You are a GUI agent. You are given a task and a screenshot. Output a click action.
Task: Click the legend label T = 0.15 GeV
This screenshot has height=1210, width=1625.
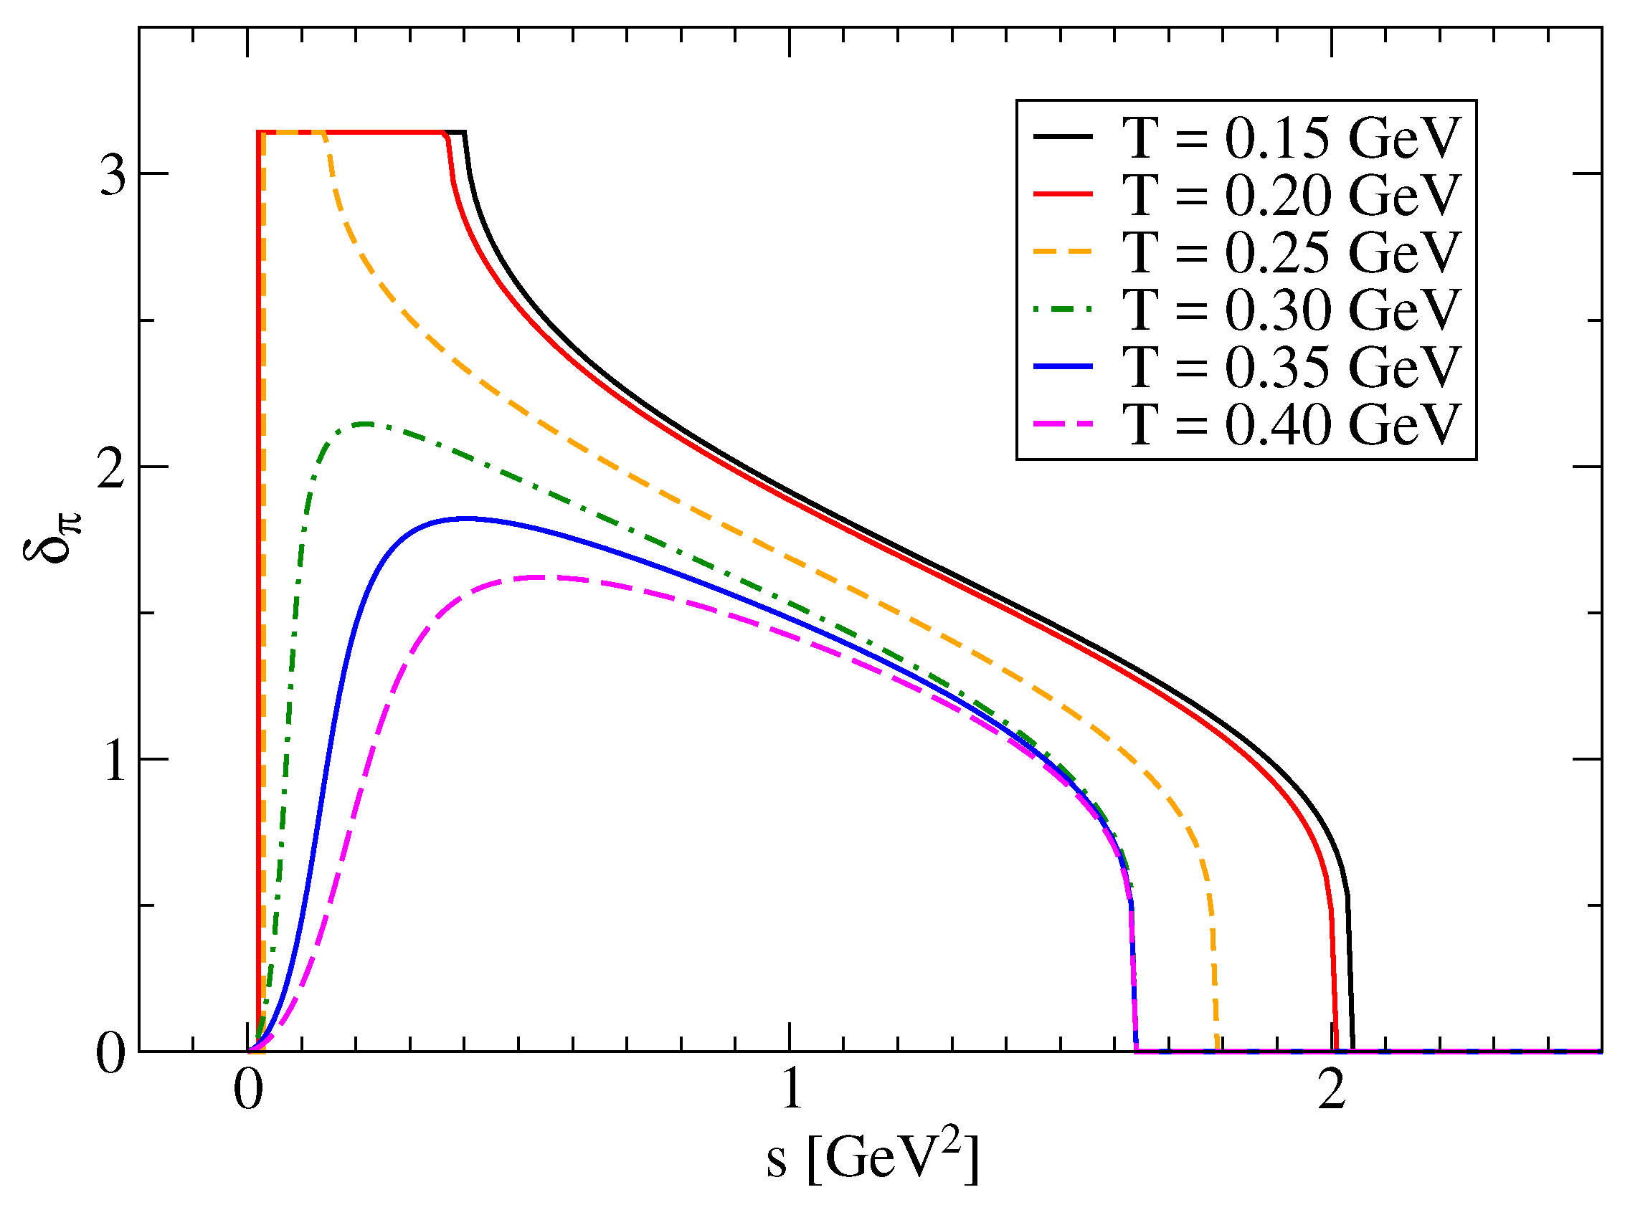pyautogui.click(x=1291, y=138)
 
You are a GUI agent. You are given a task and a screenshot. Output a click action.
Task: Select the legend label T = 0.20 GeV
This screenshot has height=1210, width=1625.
pyautogui.click(x=1291, y=195)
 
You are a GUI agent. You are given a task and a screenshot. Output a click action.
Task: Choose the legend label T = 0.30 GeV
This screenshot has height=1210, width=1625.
pyautogui.click(x=1291, y=309)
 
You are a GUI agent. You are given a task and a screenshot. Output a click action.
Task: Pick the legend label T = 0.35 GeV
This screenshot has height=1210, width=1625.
pyautogui.click(x=1291, y=366)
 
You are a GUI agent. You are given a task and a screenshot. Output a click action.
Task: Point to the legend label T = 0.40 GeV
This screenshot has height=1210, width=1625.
pyautogui.click(x=1291, y=424)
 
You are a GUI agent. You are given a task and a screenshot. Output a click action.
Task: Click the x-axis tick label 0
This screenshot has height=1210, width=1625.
pyautogui.click(x=248, y=1090)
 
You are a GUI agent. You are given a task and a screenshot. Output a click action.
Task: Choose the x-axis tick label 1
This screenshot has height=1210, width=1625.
pyautogui.click(x=792, y=1090)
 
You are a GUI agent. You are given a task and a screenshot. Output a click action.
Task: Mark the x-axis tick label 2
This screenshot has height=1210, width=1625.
pyautogui.click(x=1331, y=1090)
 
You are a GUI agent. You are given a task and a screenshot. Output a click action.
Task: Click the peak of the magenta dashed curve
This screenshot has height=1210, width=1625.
pyautogui.click(x=542, y=577)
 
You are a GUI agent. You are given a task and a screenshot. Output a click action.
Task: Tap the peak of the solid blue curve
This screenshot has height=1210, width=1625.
pyautogui.click(x=465, y=518)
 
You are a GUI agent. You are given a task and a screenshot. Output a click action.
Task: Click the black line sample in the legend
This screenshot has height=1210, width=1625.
pyautogui.click(x=1062, y=137)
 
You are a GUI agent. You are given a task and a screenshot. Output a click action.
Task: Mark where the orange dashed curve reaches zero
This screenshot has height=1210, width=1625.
pyautogui.click(x=1218, y=1049)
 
